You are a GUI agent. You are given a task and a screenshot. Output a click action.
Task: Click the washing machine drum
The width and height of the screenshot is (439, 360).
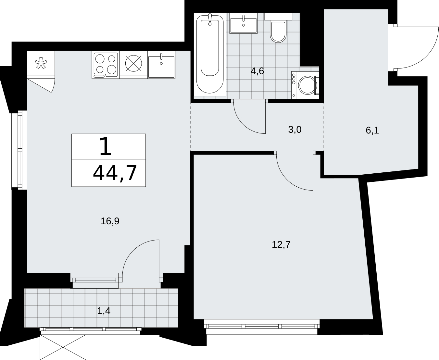[x=307, y=85]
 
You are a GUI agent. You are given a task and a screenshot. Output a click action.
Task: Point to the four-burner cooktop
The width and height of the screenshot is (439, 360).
[x=106, y=65]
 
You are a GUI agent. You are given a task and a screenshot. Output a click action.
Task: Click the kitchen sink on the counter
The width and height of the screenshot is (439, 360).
[x=161, y=65]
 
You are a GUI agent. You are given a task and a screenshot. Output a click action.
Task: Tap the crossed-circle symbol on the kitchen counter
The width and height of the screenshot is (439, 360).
[x=134, y=63]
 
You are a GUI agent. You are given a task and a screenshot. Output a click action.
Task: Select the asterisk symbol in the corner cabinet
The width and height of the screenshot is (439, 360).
[x=41, y=63]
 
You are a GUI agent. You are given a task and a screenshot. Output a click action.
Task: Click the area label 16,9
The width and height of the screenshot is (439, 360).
[x=110, y=221]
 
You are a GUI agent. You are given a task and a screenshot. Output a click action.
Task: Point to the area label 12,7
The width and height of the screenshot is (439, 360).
[x=281, y=244]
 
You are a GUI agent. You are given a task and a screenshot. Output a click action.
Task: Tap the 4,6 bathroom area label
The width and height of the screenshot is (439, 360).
[x=257, y=71]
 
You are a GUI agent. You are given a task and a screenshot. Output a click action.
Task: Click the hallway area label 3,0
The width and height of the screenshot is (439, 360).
[x=295, y=130]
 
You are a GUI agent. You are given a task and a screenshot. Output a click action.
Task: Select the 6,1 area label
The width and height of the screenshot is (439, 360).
[x=372, y=130]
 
